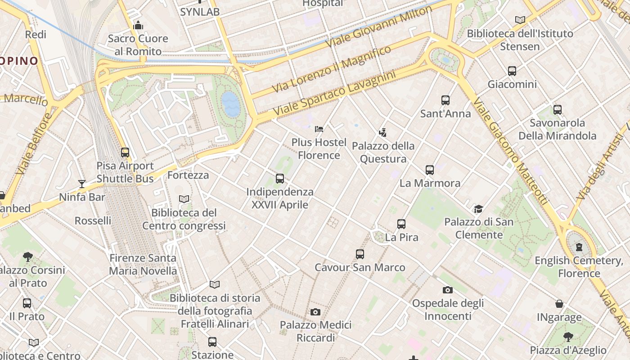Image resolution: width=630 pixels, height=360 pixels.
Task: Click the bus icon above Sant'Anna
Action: (445, 100)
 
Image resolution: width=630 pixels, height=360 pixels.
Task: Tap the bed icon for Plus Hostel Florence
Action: (319, 129)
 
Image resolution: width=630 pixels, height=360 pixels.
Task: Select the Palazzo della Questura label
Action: (383, 152)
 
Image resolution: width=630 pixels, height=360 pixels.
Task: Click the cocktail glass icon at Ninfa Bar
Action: (82, 184)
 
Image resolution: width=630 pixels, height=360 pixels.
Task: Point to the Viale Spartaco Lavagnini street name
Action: (334, 92)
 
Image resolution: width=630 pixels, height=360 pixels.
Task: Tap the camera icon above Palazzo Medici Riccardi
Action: (315, 312)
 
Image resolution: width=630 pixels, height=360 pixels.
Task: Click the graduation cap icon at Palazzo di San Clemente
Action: (478, 209)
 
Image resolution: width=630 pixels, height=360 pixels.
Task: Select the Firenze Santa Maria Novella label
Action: (143, 264)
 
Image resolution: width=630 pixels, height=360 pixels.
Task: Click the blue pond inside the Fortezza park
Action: (231, 104)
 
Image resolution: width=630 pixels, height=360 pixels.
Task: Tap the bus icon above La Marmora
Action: (430, 170)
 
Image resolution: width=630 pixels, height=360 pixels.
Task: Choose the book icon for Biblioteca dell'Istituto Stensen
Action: (520, 20)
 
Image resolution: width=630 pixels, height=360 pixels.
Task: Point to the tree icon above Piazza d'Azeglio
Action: (568, 337)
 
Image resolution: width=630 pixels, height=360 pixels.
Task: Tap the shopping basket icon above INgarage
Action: (559, 304)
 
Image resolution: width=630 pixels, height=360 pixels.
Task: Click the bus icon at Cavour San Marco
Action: (360, 254)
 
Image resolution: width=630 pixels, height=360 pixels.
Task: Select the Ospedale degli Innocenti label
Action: (448, 309)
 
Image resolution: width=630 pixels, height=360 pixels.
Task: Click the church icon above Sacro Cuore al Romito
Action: (138, 25)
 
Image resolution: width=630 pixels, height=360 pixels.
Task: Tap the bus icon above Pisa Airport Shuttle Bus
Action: (125, 153)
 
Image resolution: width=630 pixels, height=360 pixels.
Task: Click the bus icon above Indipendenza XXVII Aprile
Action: (280, 179)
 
